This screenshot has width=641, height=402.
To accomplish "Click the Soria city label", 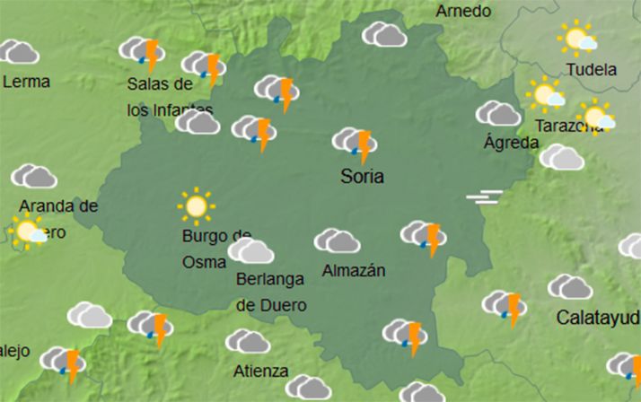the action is (363, 177).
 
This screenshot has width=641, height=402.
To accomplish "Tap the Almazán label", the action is (353, 271).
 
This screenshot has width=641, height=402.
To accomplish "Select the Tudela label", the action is (593, 69).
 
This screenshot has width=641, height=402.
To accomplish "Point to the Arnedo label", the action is (463, 11).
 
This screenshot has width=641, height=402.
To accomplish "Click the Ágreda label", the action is (511, 142).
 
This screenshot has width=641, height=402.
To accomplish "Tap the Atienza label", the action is (260, 371).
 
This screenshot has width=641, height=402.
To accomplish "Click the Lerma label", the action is (27, 82).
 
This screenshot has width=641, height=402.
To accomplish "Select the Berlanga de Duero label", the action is (271, 292).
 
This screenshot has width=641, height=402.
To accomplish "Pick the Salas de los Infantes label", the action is (161, 97).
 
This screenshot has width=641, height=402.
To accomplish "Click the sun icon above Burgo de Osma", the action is (196, 206).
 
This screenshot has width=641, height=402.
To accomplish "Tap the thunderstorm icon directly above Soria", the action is (353, 143).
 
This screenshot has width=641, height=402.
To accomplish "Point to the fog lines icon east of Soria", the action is (487, 197).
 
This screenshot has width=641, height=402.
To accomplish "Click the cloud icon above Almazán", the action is (338, 240).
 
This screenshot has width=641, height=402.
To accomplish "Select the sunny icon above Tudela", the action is (576, 39).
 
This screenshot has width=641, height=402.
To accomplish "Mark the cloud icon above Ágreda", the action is (498, 113).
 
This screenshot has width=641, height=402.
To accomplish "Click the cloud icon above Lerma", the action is (18, 52).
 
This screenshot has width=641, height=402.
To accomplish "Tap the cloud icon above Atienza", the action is (248, 341).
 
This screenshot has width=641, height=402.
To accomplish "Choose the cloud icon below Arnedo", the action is (384, 35).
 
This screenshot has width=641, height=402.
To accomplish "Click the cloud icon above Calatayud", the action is (570, 287).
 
